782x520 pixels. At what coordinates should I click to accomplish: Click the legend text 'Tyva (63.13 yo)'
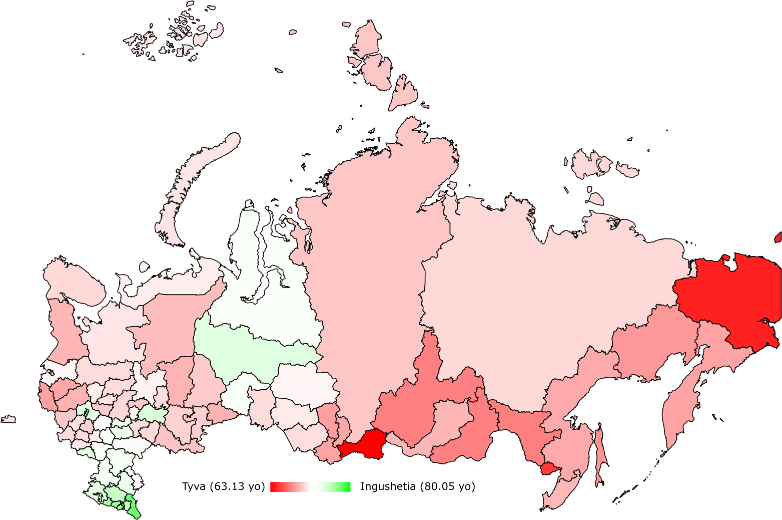click(223, 486)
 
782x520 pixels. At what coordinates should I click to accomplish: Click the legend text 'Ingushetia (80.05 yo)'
click(417, 486)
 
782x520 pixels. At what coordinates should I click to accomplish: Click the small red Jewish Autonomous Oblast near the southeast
click(548, 469)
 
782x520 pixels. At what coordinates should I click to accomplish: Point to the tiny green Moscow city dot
click(86, 413)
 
